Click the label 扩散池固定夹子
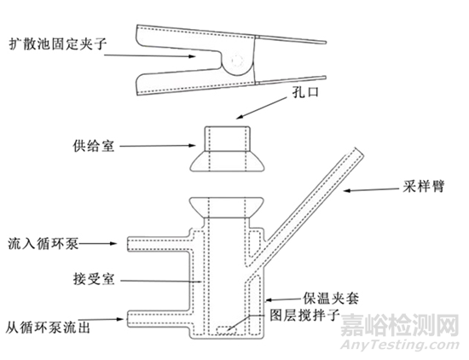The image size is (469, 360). (x=58, y=44)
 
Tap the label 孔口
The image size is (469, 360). (x=305, y=92)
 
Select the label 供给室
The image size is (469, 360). (x=94, y=147)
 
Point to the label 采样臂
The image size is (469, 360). (x=424, y=187)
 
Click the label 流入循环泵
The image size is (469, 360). (x=43, y=244)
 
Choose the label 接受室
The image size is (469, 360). (x=94, y=279)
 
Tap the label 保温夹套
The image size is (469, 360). (x=331, y=298)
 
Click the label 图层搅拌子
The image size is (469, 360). (x=304, y=316)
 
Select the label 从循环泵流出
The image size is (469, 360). (x=48, y=328)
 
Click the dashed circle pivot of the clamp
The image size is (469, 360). (x=238, y=61)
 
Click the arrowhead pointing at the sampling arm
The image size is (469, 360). (x=347, y=190)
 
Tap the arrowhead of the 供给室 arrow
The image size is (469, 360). (x=193, y=146)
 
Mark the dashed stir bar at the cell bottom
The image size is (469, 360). (x=227, y=329)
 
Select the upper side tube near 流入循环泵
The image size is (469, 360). (x=159, y=244)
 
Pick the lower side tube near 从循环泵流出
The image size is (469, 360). (x=159, y=319)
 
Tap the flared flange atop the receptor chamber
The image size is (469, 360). (x=227, y=207)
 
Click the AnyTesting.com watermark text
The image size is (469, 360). (x=400, y=345)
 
